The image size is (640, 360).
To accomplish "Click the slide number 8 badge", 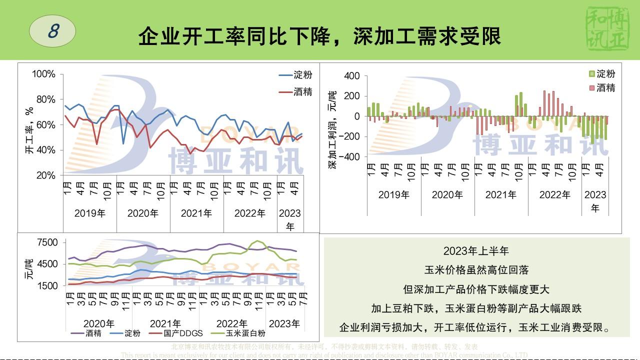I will pyautogui.click(x=52, y=31).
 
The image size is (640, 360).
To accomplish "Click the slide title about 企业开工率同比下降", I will pyautogui.click(x=319, y=36).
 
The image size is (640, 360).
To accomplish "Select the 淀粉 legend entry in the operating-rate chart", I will pyautogui.click(x=296, y=75).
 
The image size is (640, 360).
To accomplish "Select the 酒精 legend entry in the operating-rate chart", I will pyautogui.click(x=296, y=91).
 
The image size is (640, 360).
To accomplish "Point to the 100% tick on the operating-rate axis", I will pyautogui.click(x=43, y=74).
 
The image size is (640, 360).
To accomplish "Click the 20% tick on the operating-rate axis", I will pyautogui.click(x=45, y=175).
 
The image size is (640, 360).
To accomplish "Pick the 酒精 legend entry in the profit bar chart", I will pyautogui.click(x=601, y=88).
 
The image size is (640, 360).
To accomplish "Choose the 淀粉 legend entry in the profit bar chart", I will pyautogui.click(x=601, y=74).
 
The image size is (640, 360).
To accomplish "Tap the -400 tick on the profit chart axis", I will pyautogui.click(x=349, y=156).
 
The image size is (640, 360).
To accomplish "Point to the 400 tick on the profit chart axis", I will pyautogui.click(x=351, y=76).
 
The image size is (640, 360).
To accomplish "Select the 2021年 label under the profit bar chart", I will pyautogui.click(x=500, y=195).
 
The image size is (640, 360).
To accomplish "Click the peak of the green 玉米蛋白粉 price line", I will pyautogui.click(x=257, y=241).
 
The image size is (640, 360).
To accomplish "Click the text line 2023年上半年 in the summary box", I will pyautogui.click(x=475, y=250).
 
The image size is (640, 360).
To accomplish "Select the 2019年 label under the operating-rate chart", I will pyautogui.click(x=90, y=213).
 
